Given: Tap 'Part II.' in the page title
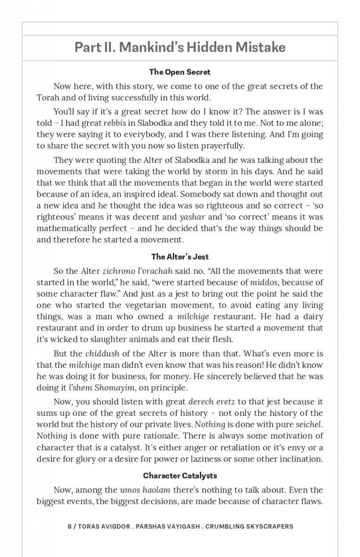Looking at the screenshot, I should (x=95, y=47).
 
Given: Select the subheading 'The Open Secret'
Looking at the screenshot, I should (x=180, y=72).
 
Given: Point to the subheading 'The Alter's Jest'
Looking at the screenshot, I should (x=180, y=257).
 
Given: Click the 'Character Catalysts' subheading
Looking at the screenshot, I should (x=180, y=476).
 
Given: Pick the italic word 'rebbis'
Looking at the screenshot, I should (x=115, y=123).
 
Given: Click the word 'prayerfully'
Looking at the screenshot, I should (x=219, y=146).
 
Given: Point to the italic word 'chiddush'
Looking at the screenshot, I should (x=100, y=354).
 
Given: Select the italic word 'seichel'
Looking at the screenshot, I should (x=309, y=424).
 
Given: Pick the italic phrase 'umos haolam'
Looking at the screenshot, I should (x=145, y=490).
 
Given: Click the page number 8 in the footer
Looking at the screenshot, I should (x=70, y=527).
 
